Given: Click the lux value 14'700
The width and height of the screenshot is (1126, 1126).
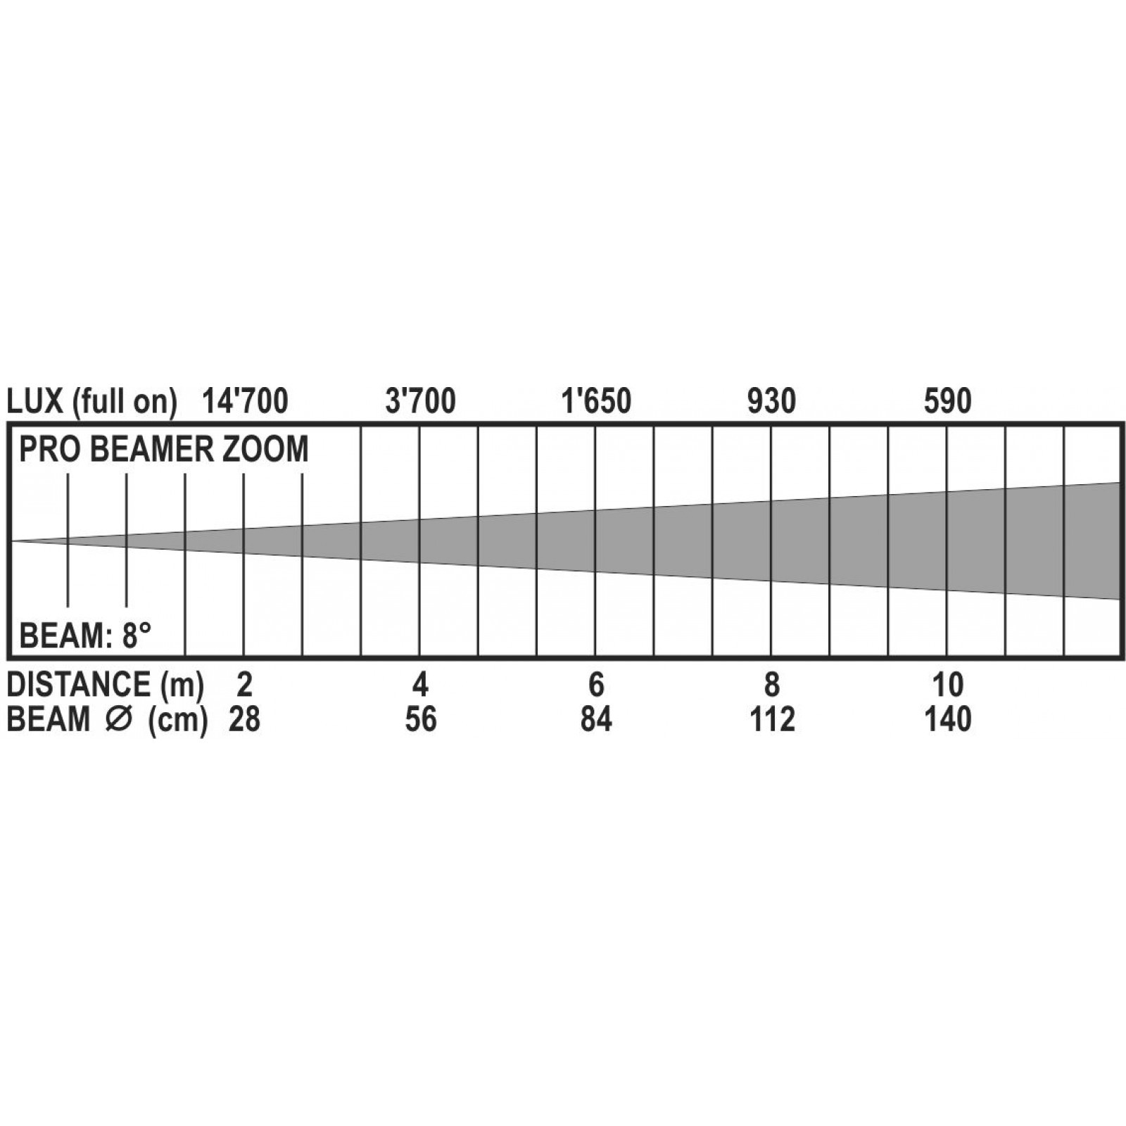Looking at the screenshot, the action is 245,401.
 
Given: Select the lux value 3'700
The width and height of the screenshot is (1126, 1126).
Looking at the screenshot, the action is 421,401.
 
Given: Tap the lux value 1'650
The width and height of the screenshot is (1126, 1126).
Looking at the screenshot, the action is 596,401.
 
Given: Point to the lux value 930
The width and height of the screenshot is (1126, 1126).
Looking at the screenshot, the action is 771,401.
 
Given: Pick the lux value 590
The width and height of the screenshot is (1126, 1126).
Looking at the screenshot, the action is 947,401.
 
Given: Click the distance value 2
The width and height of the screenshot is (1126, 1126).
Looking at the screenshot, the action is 244,684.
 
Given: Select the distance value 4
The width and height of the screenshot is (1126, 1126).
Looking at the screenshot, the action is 420,684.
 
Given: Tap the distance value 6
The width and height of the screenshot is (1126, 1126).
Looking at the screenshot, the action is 596,684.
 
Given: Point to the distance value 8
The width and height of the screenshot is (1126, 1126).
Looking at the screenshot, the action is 772,684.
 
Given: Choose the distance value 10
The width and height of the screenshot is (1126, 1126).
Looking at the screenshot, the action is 948,684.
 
